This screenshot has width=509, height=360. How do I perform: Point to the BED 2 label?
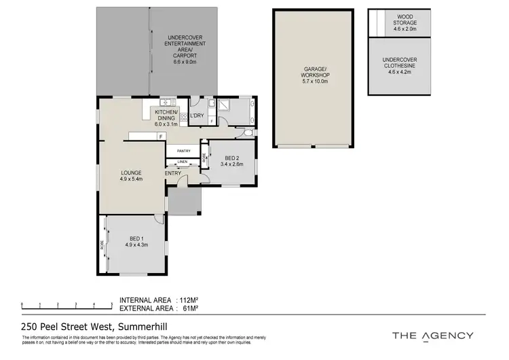(x=231, y=160)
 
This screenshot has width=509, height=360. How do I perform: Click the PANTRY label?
(x=183, y=151)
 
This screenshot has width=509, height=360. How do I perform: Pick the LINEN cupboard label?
(x=182, y=162)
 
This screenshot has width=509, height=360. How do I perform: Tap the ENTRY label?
(x=173, y=173)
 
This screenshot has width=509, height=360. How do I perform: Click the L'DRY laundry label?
(x=197, y=116)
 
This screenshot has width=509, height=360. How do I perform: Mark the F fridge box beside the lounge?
(x=160, y=137)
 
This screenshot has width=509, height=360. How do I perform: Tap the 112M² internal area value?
(x=188, y=300)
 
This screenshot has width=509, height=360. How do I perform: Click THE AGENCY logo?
(x=434, y=336)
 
